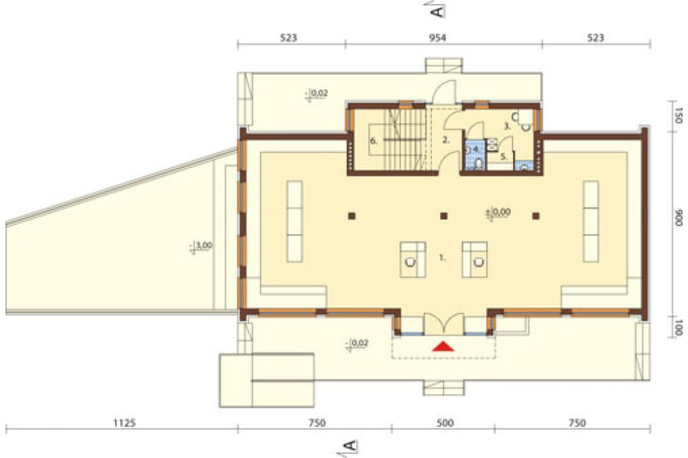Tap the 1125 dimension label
click(125, 424)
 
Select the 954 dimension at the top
click(438, 38)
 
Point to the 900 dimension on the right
click(678, 217)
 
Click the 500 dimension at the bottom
click(445, 424)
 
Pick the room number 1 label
click(442, 258)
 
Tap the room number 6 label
click(374, 141)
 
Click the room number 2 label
click(447, 140)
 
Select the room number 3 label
click(507, 127)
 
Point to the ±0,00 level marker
click(498, 212)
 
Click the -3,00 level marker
click(200, 246)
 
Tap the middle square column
click(444, 216)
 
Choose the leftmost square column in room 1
click(352, 216)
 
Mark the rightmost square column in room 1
click(536, 216)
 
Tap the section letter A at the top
click(438, 10)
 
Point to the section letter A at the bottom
click(350, 446)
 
